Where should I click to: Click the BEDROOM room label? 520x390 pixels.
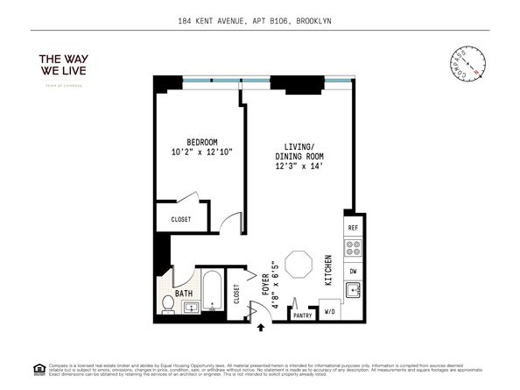coord(201,142)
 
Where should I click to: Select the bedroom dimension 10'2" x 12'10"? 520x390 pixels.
coord(201,152)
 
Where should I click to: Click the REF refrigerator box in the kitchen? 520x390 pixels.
coord(353,228)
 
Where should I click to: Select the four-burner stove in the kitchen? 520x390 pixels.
coord(353,249)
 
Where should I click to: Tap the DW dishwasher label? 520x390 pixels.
coord(353,272)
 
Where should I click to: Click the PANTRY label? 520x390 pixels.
coord(303,315)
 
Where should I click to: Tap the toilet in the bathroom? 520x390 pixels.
coord(168,304)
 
